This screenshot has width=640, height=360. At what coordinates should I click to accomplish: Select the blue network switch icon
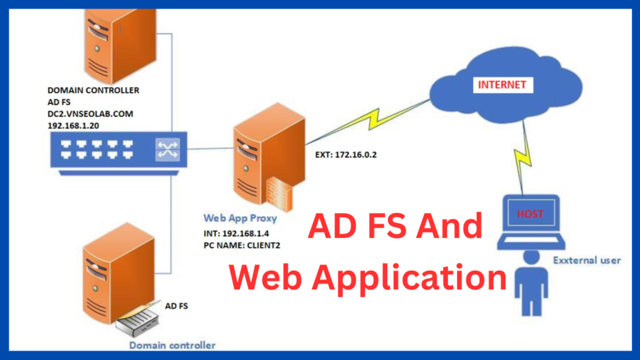click(112, 150)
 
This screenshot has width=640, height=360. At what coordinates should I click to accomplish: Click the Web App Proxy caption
click(240, 218)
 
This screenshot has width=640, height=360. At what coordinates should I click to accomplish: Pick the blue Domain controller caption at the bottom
click(172, 345)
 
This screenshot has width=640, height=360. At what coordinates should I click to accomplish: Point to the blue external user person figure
click(531, 278)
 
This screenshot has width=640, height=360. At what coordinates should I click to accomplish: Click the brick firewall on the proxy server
click(278, 190)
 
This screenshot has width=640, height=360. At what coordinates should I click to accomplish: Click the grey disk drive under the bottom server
click(139, 321)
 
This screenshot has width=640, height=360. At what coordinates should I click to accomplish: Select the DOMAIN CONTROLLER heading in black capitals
click(93, 90)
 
